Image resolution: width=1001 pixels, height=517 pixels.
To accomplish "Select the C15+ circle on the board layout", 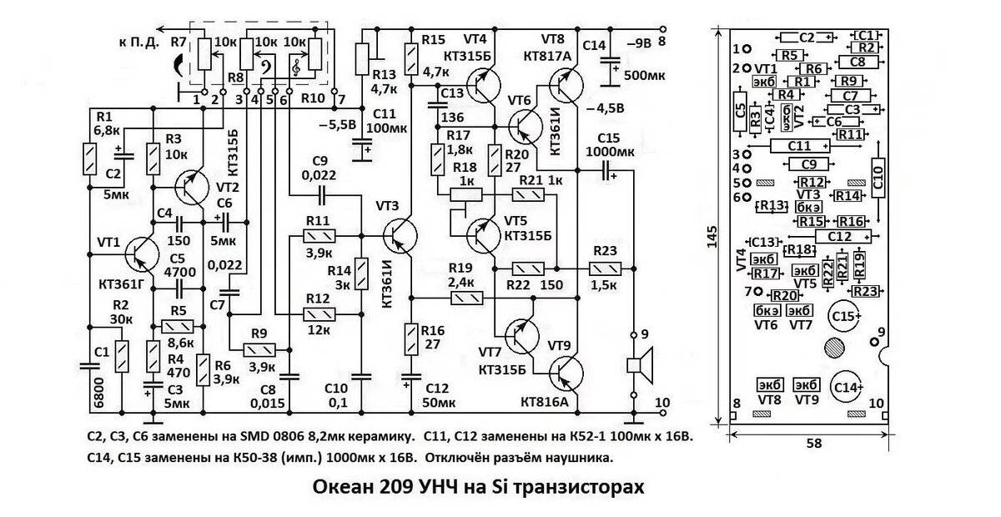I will pos(844,316).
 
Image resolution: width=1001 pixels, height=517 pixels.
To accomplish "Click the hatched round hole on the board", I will pos(831,349).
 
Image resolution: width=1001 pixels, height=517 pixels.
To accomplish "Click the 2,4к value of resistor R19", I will pos(460,282).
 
